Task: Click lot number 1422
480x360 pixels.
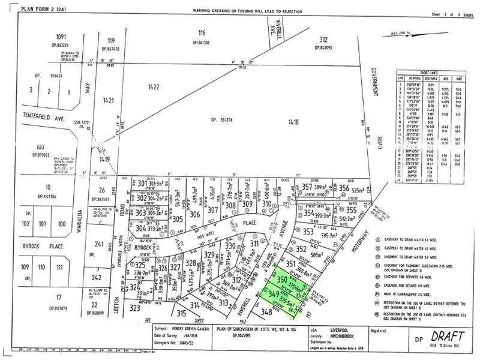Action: (154, 87)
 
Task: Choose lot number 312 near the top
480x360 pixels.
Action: (323, 39)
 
